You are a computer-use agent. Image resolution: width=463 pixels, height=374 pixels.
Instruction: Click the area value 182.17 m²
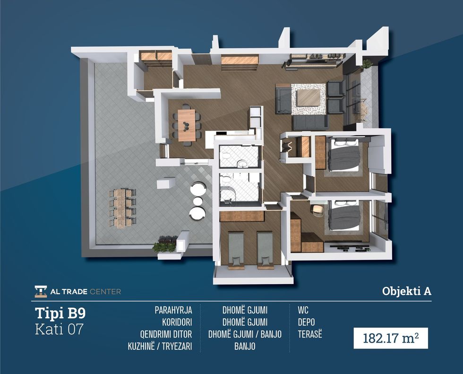[x=390, y=338]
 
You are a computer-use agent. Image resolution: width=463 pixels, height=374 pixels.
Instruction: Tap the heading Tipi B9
[x=60, y=313]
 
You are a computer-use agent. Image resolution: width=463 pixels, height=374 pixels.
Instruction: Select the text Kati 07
[x=59, y=329]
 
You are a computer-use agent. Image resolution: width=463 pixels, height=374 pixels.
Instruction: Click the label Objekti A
[x=407, y=291]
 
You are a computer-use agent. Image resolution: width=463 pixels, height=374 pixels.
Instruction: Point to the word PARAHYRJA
[x=173, y=310]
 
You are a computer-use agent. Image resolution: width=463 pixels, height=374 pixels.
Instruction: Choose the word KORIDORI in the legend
[x=177, y=322]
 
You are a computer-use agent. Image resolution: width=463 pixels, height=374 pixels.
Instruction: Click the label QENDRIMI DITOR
[x=166, y=334]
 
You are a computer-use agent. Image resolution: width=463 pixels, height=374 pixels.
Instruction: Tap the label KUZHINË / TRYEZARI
[x=160, y=346]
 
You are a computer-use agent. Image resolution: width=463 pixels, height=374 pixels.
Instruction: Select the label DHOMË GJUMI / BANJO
[x=245, y=334]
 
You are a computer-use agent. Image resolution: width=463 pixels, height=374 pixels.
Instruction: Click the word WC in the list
[x=303, y=310]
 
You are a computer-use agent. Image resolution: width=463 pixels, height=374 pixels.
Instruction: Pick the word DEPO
[x=306, y=322]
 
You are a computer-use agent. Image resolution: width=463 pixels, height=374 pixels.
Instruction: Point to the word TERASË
[x=310, y=334]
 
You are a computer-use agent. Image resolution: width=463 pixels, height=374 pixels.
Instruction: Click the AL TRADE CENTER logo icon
[x=41, y=291]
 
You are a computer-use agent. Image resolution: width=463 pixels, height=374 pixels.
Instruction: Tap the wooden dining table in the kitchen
[x=186, y=125]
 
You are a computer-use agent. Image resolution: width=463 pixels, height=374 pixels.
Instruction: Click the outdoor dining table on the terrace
[x=122, y=208]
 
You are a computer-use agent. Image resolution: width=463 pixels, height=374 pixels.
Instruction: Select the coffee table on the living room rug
[x=309, y=97]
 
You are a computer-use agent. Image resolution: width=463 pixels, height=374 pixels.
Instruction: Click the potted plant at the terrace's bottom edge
[x=164, y=244]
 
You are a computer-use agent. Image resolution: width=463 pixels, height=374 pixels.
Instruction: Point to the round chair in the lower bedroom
[x=317, y=210]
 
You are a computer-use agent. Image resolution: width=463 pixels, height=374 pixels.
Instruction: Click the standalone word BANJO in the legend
[x=245, y=346]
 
